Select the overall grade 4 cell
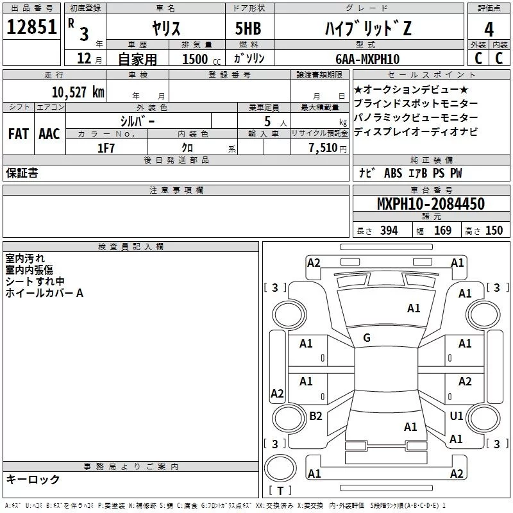489,29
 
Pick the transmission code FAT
18,134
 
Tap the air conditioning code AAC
49,134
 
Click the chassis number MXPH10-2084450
430,204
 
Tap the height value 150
494,231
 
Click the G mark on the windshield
367,338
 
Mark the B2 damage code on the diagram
315,416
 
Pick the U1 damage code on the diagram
456,416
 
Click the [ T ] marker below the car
280,491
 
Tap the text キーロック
33,479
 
